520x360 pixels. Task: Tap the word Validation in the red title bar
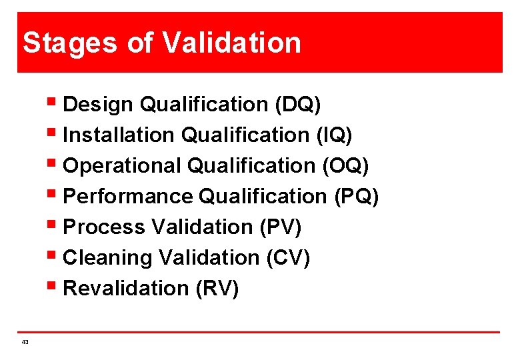click(231, 43)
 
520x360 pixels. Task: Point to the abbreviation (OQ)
click(345, 166)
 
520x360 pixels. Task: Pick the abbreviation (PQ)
click(355, 197)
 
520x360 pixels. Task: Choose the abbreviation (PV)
click(279, 227)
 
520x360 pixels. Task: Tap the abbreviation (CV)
click(287, 258)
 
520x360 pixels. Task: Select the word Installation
click(118, 135)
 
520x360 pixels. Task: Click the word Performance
click(127, 197)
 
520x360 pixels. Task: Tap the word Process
click(104, 227)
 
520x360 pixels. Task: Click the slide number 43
click(25, 341)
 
